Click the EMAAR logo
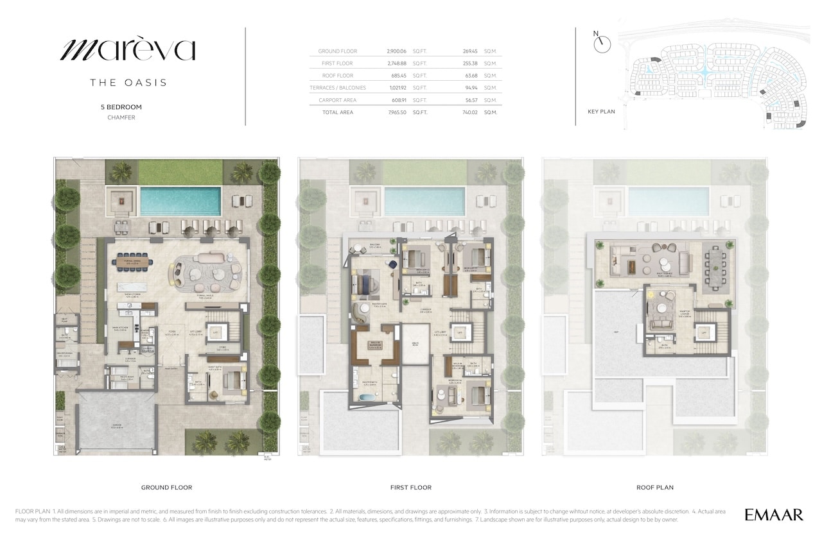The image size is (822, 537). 774,514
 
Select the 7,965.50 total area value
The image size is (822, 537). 398,112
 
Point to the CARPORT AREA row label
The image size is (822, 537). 338,100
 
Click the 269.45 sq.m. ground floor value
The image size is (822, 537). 471,51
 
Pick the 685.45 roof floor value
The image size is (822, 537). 398,76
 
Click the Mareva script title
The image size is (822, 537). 128,50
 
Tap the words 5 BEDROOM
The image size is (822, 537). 121,107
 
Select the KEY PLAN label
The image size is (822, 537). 601,112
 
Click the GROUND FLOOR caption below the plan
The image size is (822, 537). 166,488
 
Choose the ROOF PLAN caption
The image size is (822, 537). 654,488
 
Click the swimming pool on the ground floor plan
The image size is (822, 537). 180,201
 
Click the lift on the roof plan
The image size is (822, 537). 704,333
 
